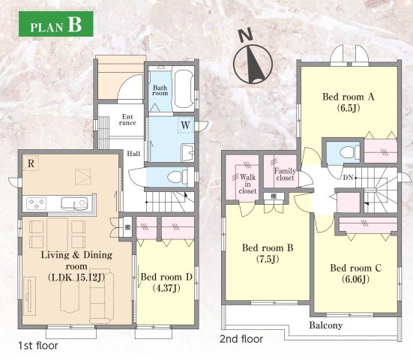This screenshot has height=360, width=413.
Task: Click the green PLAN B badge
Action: pyautogui.click(x=55, y=24)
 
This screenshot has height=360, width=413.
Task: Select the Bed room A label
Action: pyautogui.click(x=349, y=102)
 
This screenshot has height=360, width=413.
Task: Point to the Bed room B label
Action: pyautogui.click(x=268, y=253)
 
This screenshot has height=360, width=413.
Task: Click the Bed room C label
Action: pyautogui.click(x=355, y=273)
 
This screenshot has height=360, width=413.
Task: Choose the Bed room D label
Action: pyautogui.click(x=166, y=282)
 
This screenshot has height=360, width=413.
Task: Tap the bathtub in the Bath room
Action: pyautogui.click(x=184, y=88)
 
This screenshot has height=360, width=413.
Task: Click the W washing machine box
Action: pyautogui.click(x=186, y=125)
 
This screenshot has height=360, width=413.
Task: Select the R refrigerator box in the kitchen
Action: pyautogui.click(x=31, y=163)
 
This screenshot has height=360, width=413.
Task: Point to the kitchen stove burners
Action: pyautogui.click(x=36, y=204)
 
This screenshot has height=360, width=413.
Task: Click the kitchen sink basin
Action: pyautogui.click(x=74, y=203)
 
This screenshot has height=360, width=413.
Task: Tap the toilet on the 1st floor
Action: pyautogui.click(x=177, y=177)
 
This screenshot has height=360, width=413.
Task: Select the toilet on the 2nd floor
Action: pyautogui.click(x=349, y=153)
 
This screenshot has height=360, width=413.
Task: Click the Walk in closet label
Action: pyautogui.click(x=247, y=184)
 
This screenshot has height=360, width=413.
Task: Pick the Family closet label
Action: pyautogui.click(x=285, y=175)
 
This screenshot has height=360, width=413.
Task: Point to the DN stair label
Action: pyautogui.click(x=348, y=178)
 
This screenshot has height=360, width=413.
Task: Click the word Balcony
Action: pyautogui.click(x=326, y=325)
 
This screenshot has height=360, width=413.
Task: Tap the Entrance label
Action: pyautogui.click(x=127, y=120)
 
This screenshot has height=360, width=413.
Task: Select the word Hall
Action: pyautogui.click(x=133, y=154)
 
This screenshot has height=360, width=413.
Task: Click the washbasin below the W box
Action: pyautogui.click(x=187, y=152)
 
